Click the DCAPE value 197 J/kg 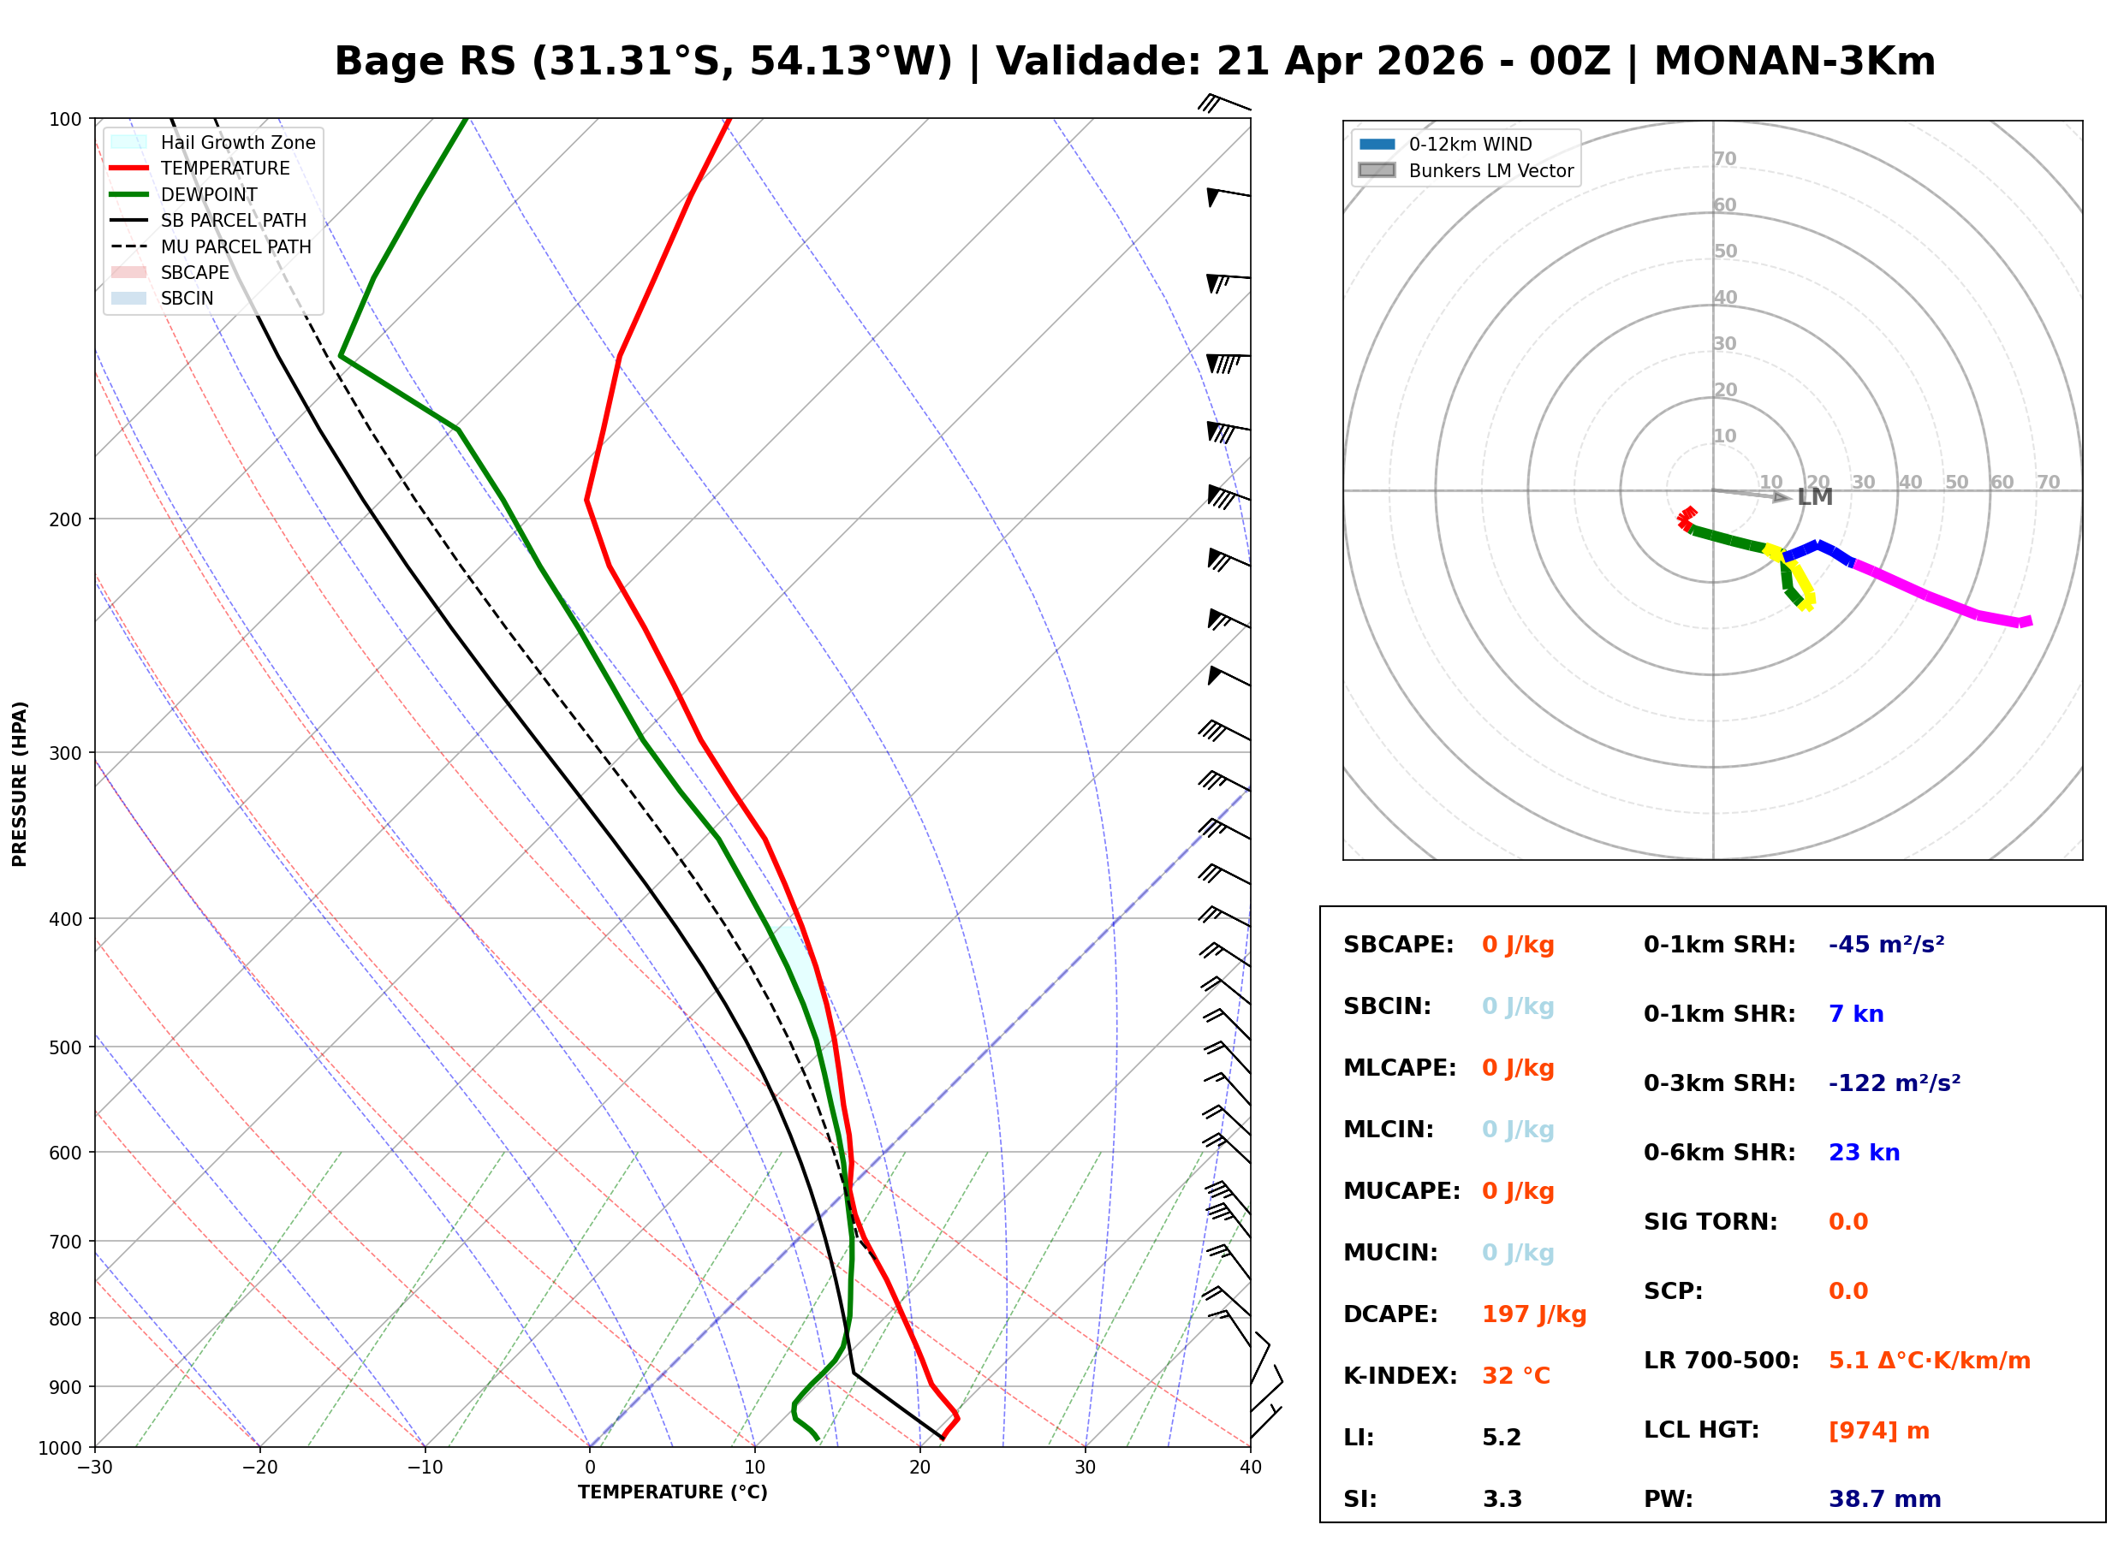[x=1533, y=1314]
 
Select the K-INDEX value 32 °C [x=1515, y=1376]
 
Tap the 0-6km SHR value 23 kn [x=1863, y=1153]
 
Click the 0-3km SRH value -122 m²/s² [x=1894, y=1083]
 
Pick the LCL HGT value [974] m [x=1878, y=1431]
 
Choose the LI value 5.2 [x=1501, y=1438]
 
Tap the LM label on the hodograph [x=1814, y=498]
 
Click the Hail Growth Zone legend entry [x=237, y=142]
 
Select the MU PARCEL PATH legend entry [x=235, y=246]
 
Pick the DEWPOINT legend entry [x=209, y=194]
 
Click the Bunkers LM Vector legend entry [x=1490, y=170]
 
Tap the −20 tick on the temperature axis [x=259, y=1468]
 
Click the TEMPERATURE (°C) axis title [x=672, y=1492]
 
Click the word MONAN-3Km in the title [x=1794, y=62]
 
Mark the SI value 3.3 [x=1502, y=1499]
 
